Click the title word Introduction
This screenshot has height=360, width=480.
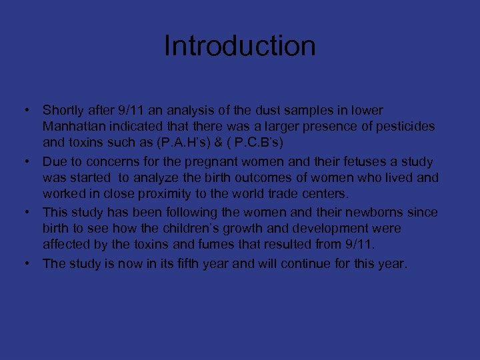239,47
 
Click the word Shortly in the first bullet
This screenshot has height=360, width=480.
63,110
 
